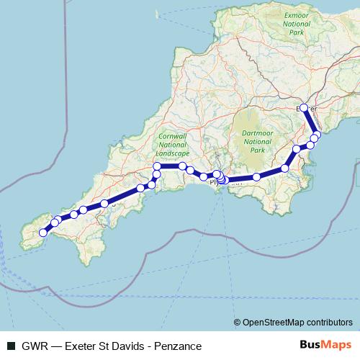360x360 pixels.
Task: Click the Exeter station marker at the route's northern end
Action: [x=304, y=108]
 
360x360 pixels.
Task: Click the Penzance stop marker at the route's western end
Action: [x=43, y=233]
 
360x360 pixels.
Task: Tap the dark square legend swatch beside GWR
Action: [x=11, y=346]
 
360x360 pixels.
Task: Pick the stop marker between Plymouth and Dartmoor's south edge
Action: [x=256, y=176]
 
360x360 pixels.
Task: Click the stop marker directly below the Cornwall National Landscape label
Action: [x=157, y=167]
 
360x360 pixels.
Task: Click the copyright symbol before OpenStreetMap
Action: [x=238, y=323]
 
